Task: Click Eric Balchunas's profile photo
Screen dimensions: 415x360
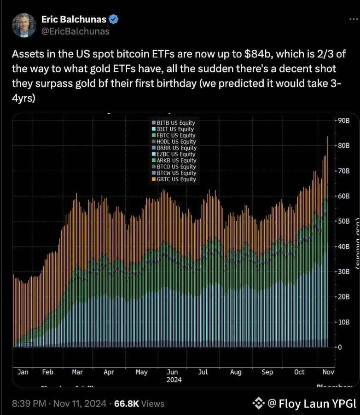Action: click(24, 25)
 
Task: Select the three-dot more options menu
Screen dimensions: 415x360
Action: click(352, 19)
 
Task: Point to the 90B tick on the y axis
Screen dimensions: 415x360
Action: click(345, 121)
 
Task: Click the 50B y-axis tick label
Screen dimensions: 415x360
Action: click(345, 221)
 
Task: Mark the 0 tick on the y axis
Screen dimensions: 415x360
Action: click(340, 347)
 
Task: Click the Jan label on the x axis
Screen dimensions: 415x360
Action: click(23, 372)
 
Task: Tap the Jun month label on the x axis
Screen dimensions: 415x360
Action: click(172, 372)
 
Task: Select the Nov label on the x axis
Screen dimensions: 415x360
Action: click(328, 372)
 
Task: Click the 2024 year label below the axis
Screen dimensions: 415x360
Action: click(174, 380)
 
